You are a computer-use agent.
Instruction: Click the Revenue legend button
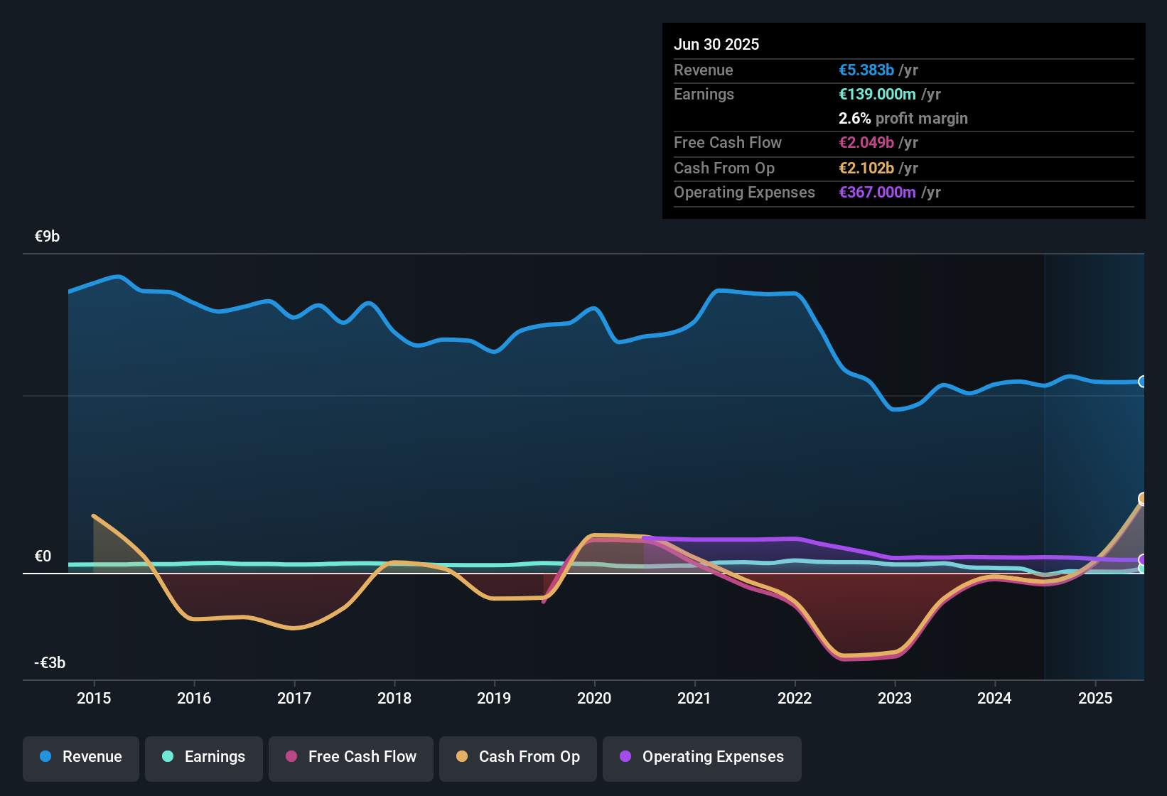click(81, 757)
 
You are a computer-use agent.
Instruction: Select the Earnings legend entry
click(204, 757)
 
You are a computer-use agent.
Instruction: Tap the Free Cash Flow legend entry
click(351, 757)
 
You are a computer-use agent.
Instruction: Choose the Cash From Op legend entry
click(518, 757)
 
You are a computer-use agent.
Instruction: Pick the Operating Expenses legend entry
click(702, 757)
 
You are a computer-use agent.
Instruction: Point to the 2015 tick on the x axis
click(94, 698)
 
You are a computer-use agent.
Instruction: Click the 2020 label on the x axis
click(594, 698)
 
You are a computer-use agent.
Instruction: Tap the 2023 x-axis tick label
click(894, 698)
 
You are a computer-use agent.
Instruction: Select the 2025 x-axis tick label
click(1095, 698)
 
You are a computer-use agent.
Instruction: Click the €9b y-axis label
click(47, 237)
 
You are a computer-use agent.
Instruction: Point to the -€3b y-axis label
click(50, 663)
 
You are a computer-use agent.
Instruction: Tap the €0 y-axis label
click(43, 556)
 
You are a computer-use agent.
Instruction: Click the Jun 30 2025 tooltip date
click(716, 45)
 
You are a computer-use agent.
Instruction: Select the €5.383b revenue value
click(866, 70)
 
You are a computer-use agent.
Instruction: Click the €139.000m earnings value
click(877, 95)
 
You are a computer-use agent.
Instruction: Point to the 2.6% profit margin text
click(903, 119)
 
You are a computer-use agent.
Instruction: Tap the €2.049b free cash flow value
click(866, 143)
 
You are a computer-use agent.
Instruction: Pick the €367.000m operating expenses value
click(877, 193)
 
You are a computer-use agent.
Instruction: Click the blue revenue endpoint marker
click(1143, 382)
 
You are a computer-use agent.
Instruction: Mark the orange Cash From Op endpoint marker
click(1143, 498)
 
